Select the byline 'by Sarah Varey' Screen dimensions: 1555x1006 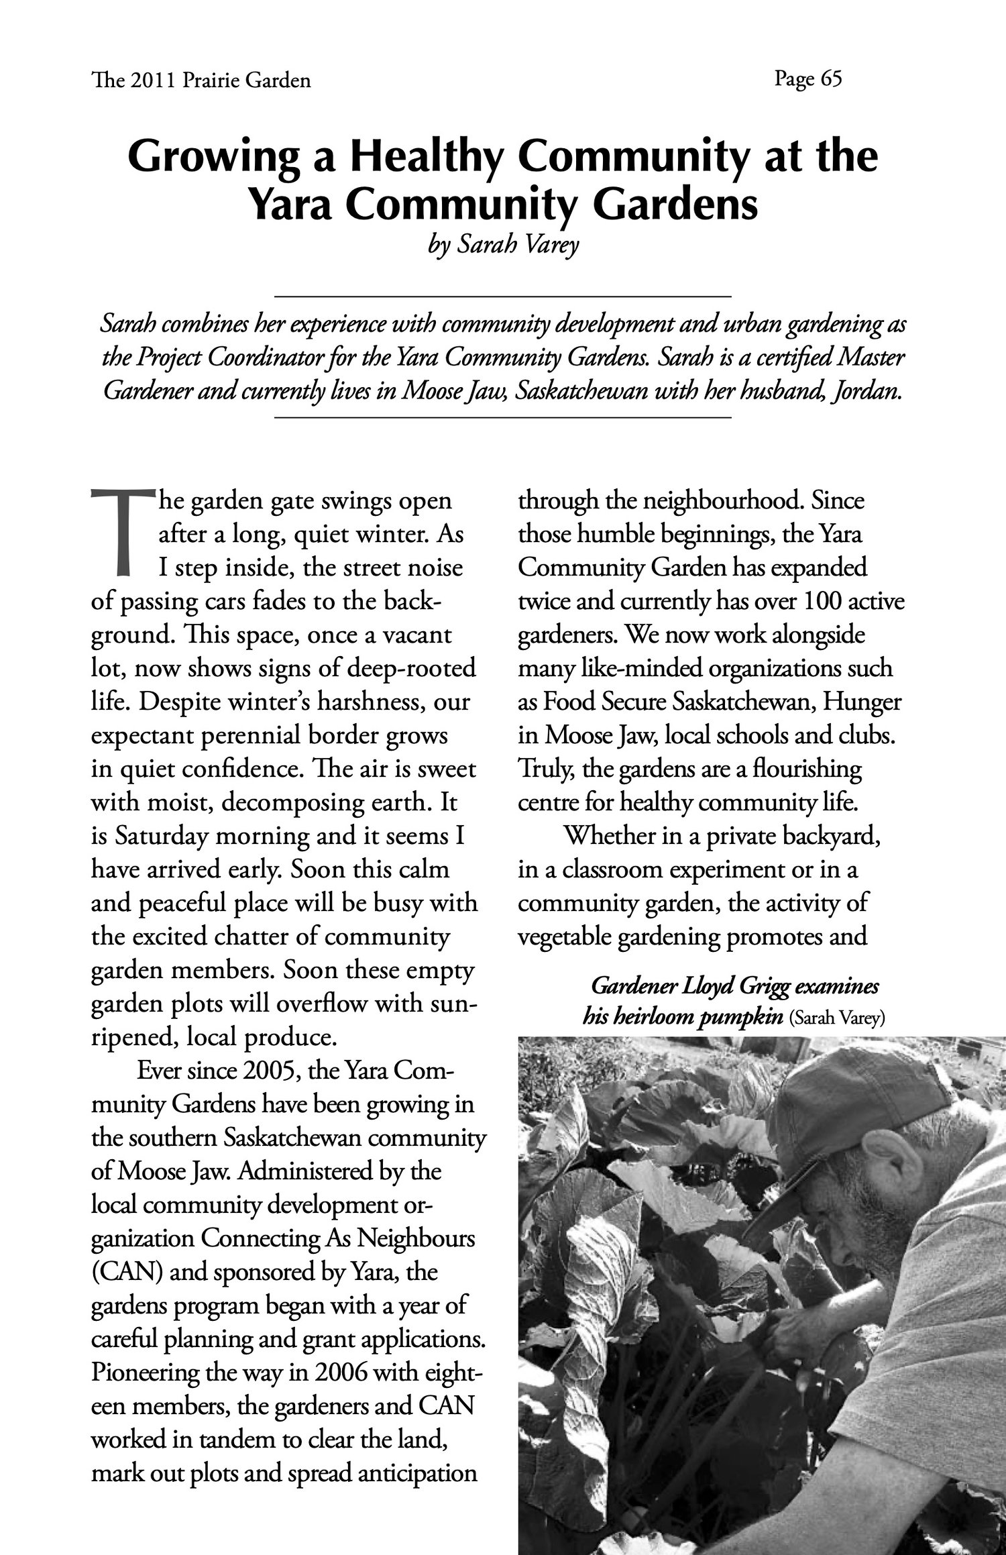point(502,246)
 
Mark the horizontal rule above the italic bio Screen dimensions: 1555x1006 point(502,295)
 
